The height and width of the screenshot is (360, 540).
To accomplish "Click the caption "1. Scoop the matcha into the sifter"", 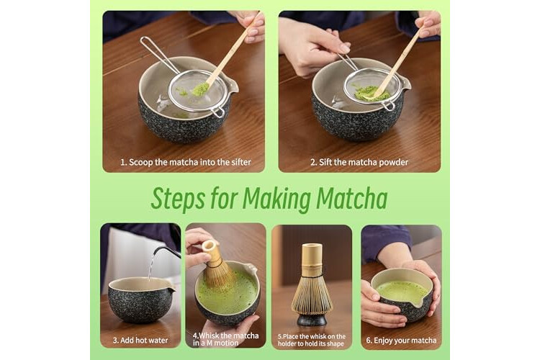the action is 186,162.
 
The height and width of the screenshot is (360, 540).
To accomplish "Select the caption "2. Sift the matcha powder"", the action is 359,162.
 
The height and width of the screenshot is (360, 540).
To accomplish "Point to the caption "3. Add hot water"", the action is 140,341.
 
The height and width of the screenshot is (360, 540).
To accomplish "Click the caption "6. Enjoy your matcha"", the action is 401,341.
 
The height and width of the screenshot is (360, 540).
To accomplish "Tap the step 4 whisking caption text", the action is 225,339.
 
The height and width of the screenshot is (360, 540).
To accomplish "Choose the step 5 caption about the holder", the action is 312,340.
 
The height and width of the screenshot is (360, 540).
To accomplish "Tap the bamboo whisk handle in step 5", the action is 312,257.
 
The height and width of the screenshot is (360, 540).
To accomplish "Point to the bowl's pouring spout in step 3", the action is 171,289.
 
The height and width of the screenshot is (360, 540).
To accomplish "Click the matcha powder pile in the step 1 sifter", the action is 199,89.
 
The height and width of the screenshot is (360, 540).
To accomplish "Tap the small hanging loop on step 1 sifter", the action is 217,112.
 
